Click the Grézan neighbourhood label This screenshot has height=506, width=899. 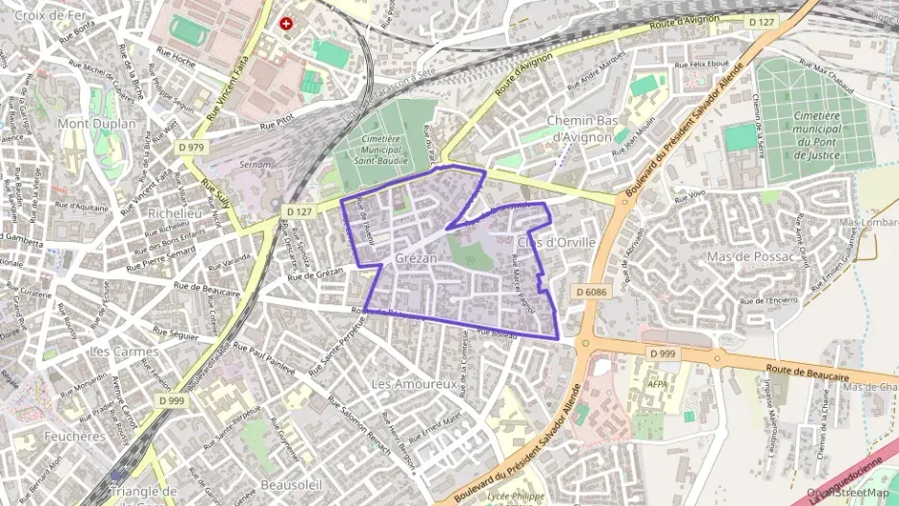[x=416, y=259]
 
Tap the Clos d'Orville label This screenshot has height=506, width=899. [x=556, y=241]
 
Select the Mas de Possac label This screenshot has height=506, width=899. [x=750, y=256]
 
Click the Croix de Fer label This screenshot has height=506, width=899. [x=52, y=15]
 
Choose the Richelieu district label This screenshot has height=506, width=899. [x=176, y=213]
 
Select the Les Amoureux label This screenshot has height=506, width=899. [x=413, y=383]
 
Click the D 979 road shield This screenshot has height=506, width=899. [x=191, y=147]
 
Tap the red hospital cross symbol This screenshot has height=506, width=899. [x=285, y=23]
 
